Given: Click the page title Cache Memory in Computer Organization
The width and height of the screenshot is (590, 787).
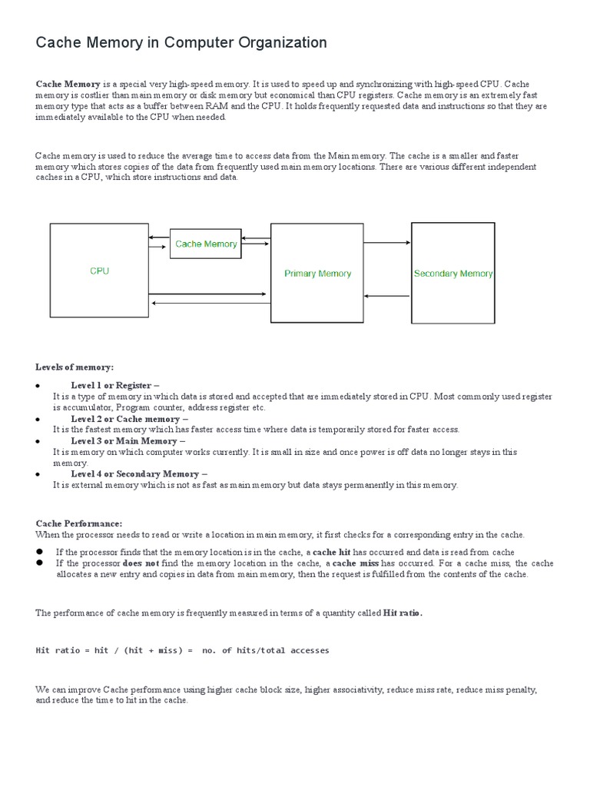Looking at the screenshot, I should (181, 43).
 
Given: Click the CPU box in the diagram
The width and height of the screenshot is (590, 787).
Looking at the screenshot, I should (99, 271).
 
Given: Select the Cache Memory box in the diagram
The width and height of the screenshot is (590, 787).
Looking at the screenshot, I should (205, 244).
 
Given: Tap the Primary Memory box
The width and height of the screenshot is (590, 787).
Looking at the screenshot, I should (317, 273).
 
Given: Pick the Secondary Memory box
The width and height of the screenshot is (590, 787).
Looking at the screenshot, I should (452, 273).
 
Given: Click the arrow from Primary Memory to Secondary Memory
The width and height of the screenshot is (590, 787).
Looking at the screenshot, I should (387, 243).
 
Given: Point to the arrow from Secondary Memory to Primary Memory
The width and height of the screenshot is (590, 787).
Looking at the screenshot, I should (387, 296).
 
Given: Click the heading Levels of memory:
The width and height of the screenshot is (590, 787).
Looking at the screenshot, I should (75, 367).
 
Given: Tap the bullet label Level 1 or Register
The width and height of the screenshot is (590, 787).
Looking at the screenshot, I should (114, 385).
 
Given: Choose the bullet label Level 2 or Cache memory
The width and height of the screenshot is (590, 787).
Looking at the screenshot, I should (129, 419).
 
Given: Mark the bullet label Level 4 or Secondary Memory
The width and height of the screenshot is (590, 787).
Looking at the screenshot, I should (139, 474).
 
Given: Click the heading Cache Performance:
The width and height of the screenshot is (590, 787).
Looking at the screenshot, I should (79, 523).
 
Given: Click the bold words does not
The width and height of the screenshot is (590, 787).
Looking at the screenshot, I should (141, 563).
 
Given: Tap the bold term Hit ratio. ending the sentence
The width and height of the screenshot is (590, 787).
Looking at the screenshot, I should (403, 613).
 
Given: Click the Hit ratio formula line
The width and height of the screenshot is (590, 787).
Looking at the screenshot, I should (183, 650).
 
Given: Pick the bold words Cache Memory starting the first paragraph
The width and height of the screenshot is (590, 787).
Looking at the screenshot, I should (68, 83).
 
